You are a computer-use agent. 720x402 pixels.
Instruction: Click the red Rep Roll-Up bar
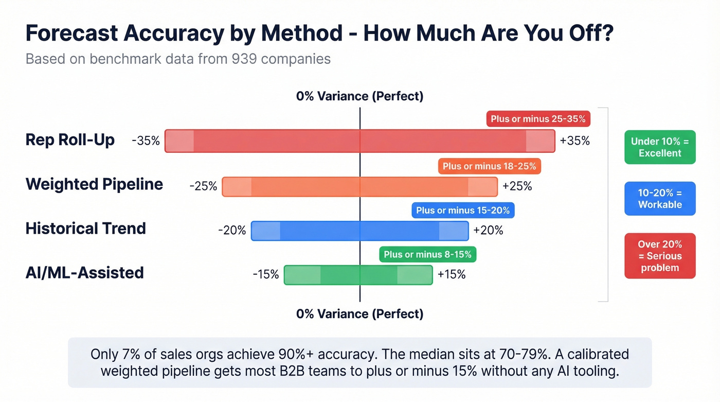coord(359,141)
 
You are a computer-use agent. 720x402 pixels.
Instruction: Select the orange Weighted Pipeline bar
coord(359,186)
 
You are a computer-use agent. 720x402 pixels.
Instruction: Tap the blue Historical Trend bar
coord(359,231)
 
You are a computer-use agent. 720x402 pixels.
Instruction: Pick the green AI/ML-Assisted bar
coord(358,275)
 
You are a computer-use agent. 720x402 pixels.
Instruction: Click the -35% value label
coord(146,141)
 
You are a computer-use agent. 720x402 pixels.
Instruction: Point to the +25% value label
coord(517,186)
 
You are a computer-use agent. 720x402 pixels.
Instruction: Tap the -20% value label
coord(232,231)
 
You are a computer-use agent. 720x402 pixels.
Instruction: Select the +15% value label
coord(451,275)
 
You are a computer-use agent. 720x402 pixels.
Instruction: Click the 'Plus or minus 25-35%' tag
coord(538,119)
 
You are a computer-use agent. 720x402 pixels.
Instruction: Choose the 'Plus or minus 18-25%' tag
coord(489,166)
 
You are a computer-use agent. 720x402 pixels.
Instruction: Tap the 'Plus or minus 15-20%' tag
coord(463,210)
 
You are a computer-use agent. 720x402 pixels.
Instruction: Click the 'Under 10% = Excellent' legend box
coord(660,147)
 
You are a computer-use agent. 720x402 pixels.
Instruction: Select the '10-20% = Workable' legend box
coord(660,199)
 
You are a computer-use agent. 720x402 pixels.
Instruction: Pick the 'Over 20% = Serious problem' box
coord(660,256)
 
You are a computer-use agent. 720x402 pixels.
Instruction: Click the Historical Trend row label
coord(86,229)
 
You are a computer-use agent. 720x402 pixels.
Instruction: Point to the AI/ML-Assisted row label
coord(84,272)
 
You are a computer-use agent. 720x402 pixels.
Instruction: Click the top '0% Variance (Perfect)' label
coord(359,96)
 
